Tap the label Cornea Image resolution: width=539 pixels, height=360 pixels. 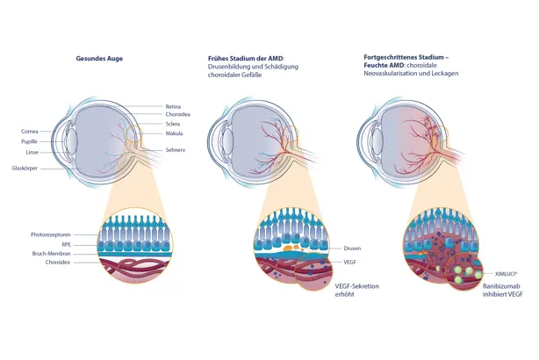pos(29,132)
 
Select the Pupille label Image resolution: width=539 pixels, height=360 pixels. pos(29,140)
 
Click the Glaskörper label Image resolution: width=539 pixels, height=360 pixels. pos(25,167)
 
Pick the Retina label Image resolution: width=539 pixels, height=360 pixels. pos(173,106)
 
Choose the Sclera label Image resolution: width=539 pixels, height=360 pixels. pos(173,125)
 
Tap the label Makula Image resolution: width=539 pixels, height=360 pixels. pos(174,134)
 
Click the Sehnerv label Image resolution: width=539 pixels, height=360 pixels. pos(176,150)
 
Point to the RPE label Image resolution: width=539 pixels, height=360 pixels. pos(63,246)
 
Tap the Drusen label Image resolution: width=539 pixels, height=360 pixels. pos(353,248)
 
